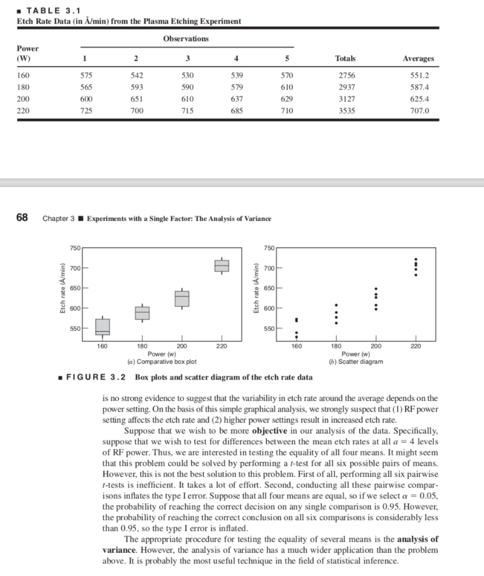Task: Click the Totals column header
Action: [345, 58]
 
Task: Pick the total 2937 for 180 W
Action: [345, 87]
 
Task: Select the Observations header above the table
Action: [186, 39]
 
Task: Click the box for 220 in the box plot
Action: [222, 265]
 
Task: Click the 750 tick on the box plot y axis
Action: [75, 248]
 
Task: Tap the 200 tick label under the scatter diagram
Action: [376, 346]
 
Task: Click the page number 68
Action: [22, 218]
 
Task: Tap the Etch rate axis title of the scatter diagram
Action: [257, 288]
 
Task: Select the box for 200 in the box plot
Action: [182, 299]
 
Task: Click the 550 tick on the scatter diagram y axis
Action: [267, 328]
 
